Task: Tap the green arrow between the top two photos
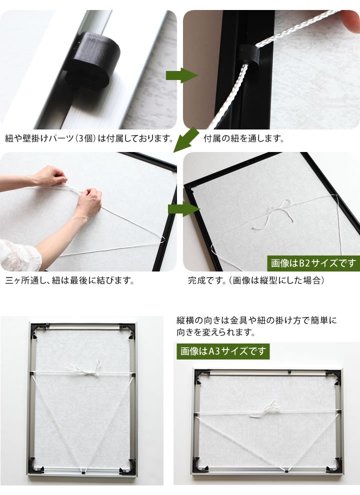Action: click(x=182, y=75)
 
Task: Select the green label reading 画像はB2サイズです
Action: click(x=313, y=263)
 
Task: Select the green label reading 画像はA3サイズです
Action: click(x=223, y=351)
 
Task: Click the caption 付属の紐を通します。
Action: click(x=243, y=138)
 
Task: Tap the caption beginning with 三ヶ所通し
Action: click(x=69, y=280)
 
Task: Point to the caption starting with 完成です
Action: click(x=256, y=280)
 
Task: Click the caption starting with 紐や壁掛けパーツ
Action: click(x=89, y=138)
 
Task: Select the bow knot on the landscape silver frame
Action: click(x=265, y=409)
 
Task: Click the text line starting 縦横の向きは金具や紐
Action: click(x=256, y=320)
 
